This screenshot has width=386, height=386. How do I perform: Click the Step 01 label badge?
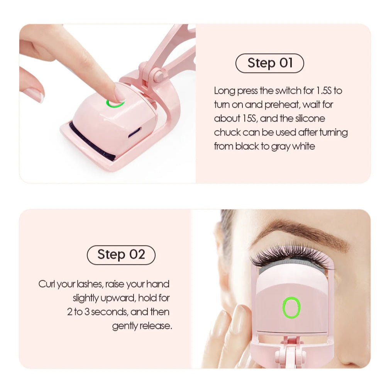269,63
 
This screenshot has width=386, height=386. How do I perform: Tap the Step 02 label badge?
121,255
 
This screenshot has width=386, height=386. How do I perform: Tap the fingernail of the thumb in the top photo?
34,95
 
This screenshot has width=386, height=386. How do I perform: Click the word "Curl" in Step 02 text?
47,284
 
